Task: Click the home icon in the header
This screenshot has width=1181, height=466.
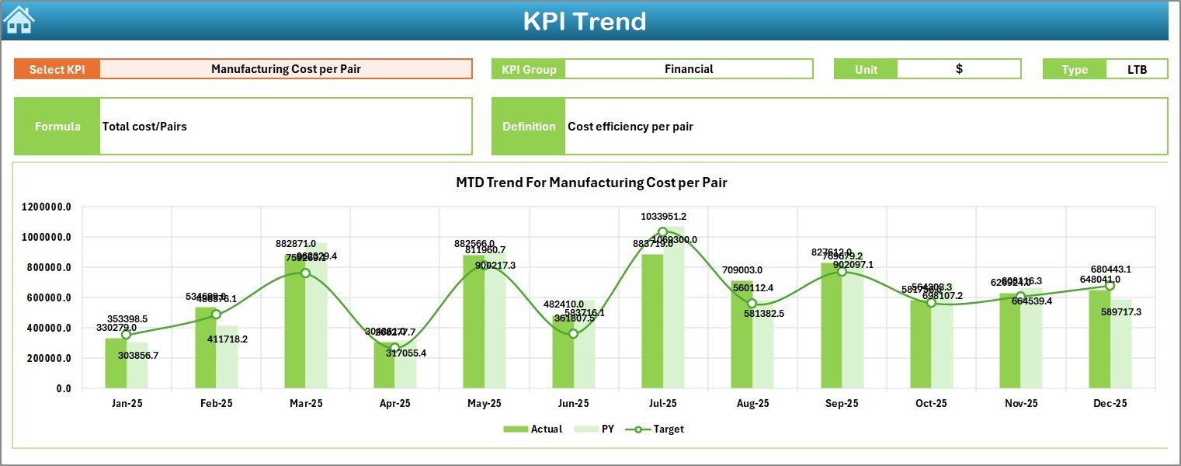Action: click(x=19, y=20)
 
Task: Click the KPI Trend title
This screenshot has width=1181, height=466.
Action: click(x=584, y=21)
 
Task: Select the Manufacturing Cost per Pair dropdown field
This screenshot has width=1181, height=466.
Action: click(x=286, y=69)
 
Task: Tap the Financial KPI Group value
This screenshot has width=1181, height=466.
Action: click(x=688, y=69)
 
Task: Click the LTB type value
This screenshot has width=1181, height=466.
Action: click(x=1137, y=69)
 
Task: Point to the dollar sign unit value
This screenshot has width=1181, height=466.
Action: click(x=959, y=69)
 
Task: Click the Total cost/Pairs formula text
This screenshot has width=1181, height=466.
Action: click(x=144, y=127)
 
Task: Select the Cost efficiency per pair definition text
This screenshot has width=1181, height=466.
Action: click(x=630, y=127)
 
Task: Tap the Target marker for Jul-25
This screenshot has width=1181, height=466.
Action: click(x=662, y=231)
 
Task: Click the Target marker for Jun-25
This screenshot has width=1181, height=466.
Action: click(x=573, y=333)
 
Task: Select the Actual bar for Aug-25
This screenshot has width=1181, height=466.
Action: click(x=742, y=334)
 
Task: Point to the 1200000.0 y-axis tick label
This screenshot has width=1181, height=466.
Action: click(x=47, y=207)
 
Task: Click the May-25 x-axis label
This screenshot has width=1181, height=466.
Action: click(x=484, y=404)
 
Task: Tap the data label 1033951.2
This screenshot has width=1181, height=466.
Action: click(x=663, y=217)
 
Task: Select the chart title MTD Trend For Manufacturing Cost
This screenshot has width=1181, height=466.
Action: click(x=591, y=183)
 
